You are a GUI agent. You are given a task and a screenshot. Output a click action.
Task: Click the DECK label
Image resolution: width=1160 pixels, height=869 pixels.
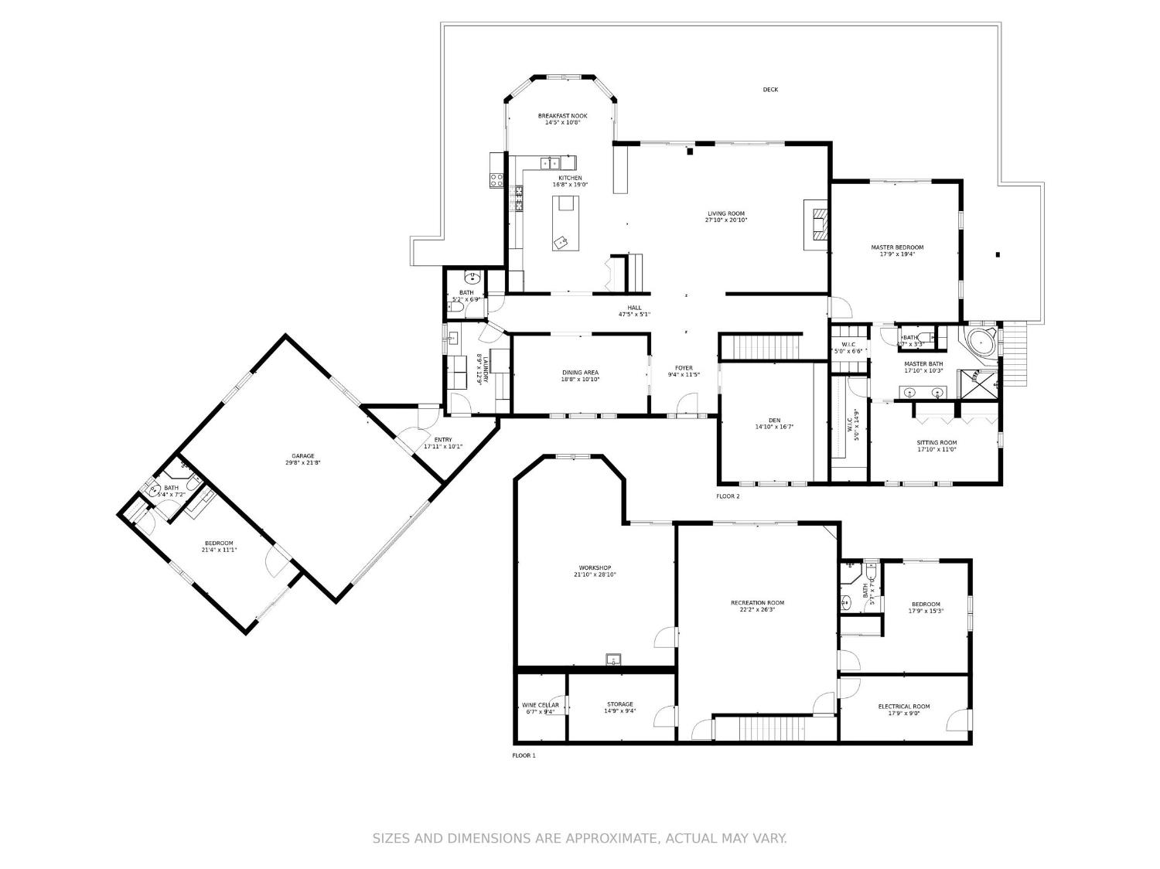pyautogui.click(x=770, y=90)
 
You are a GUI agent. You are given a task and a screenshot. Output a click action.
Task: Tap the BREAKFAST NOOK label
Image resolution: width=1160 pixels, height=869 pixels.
pyautogui.click(x=562, y=116)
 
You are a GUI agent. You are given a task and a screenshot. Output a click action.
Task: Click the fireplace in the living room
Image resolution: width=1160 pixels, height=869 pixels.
pyautogui.click(x=817, y=224)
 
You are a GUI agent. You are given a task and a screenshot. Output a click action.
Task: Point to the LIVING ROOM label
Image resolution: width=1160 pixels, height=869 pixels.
pyautogui.click(x=725, y=213)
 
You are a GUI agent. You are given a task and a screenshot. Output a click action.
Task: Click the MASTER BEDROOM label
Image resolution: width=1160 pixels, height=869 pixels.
pyautogui.click(x=897, y=247)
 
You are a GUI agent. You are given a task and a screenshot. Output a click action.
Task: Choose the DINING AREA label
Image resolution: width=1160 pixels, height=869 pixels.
pyautogui.click(x=580, y=373)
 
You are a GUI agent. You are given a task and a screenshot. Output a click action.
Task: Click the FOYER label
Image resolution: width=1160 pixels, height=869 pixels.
pyautogui.click(x=684, y=368)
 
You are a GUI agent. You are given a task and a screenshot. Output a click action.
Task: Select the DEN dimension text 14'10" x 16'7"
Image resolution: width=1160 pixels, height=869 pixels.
pyautogui.click(x=774, y=427)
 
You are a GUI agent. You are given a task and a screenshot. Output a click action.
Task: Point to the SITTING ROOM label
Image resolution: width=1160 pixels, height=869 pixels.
pyautogui.click(x=937, y=443)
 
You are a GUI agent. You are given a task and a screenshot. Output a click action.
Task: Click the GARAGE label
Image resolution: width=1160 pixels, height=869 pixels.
pyautogui.click(x=302, y=456)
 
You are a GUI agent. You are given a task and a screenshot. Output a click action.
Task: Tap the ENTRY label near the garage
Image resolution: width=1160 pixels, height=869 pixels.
pyautogui.click(x=443, y=440)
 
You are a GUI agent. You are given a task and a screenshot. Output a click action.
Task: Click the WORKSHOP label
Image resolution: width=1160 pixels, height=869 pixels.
pyautogui.click(x=595, y=567)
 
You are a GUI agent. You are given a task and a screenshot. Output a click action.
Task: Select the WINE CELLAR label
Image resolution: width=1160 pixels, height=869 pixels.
pyautogui.click(x=541, y=705)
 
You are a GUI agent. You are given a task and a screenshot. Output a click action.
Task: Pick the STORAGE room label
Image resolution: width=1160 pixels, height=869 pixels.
pyautogui.click(x=619, y=704)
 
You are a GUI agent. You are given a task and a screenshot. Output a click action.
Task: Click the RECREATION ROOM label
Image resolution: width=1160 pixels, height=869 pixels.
pyautogui.click(x=757, y=602)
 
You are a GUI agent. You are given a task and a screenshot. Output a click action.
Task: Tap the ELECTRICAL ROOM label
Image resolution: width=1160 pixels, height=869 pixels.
pyautogui.click(x=903, y=707)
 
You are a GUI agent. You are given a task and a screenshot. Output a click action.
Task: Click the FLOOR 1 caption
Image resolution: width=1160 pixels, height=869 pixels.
pyautogui.click(x=524, y=755)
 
